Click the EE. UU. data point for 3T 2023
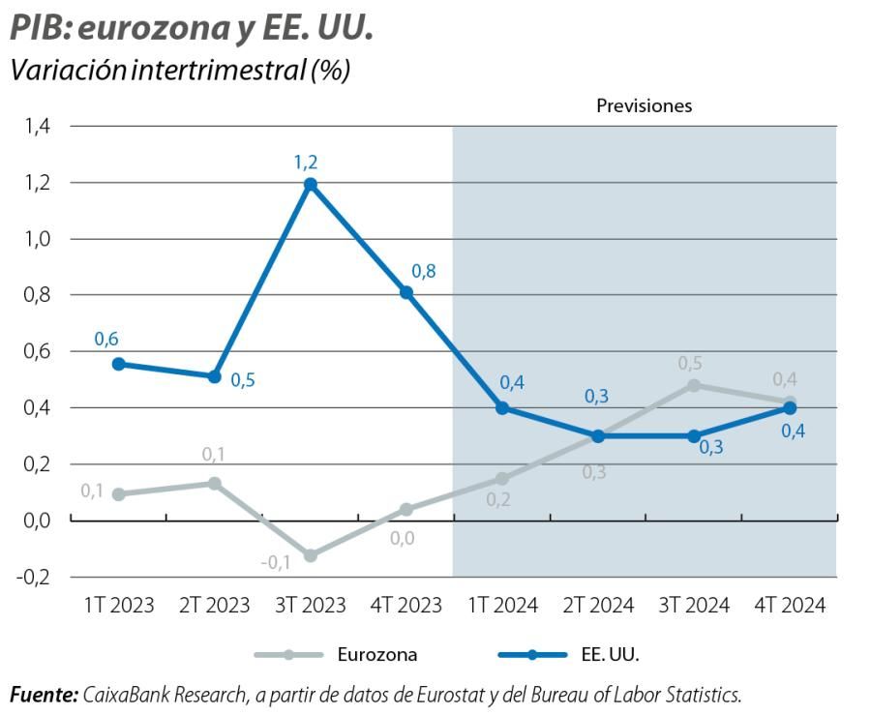pyautogui.click(x=311, y=184)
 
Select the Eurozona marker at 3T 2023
pyautogui.click(x=311, y=555)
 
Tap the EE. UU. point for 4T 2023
pyautogui.click(x=406, y=292)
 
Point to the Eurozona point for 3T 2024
pyautogui.click(x=694, y=385)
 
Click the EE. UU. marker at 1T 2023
pyautogui.click(x=119, y=364)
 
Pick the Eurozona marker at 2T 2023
pyautogui.click(x=215, y=483)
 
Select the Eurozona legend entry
pyautogui.click(x=336, y=654)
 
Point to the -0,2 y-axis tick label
pyautogui.click(x=37, y=577)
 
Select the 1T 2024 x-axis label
pyautogui.click(x=502, y=606)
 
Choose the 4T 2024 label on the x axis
pyautogui.click(x=790, y=606)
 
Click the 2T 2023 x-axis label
pyautogui.click(x=215, y=606)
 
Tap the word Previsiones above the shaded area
pyautogui.click(x=644, y=105)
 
